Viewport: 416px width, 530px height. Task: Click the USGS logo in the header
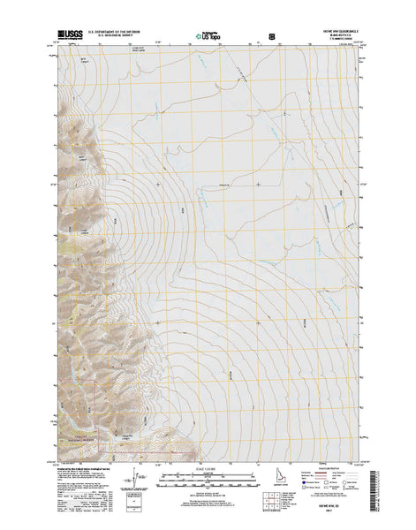point(66,37)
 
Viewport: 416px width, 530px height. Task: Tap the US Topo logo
point(208,37)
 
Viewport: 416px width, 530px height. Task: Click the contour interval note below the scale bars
point(208,491)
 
